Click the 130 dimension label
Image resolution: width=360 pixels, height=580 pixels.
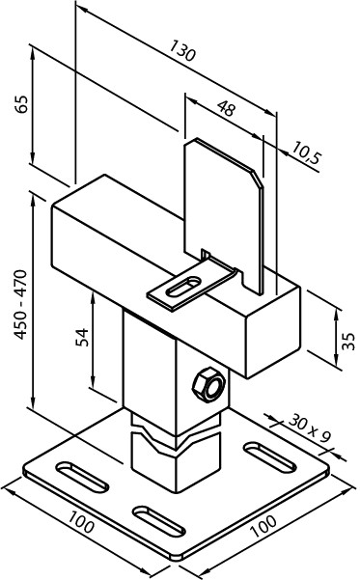[182, 50]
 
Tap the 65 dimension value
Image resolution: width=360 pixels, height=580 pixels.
[21, 104]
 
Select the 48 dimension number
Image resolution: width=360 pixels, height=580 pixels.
[226, 108]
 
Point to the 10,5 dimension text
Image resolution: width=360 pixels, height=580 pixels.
[306, 152]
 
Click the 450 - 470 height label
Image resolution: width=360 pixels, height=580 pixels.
[20, 304]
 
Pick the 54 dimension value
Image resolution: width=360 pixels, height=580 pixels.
[82, 337]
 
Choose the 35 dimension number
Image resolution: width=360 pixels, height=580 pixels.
[348, 341]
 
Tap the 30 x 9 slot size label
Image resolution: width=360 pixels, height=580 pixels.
[309, 428]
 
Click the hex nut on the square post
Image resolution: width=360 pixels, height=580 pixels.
[208, 384]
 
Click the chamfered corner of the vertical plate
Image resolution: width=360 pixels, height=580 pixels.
[257, 179]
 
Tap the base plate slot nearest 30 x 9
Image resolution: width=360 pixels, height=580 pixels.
[270, 456]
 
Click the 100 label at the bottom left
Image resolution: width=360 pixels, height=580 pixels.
[81, 521]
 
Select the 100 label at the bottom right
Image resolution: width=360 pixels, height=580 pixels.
[263, 526]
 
